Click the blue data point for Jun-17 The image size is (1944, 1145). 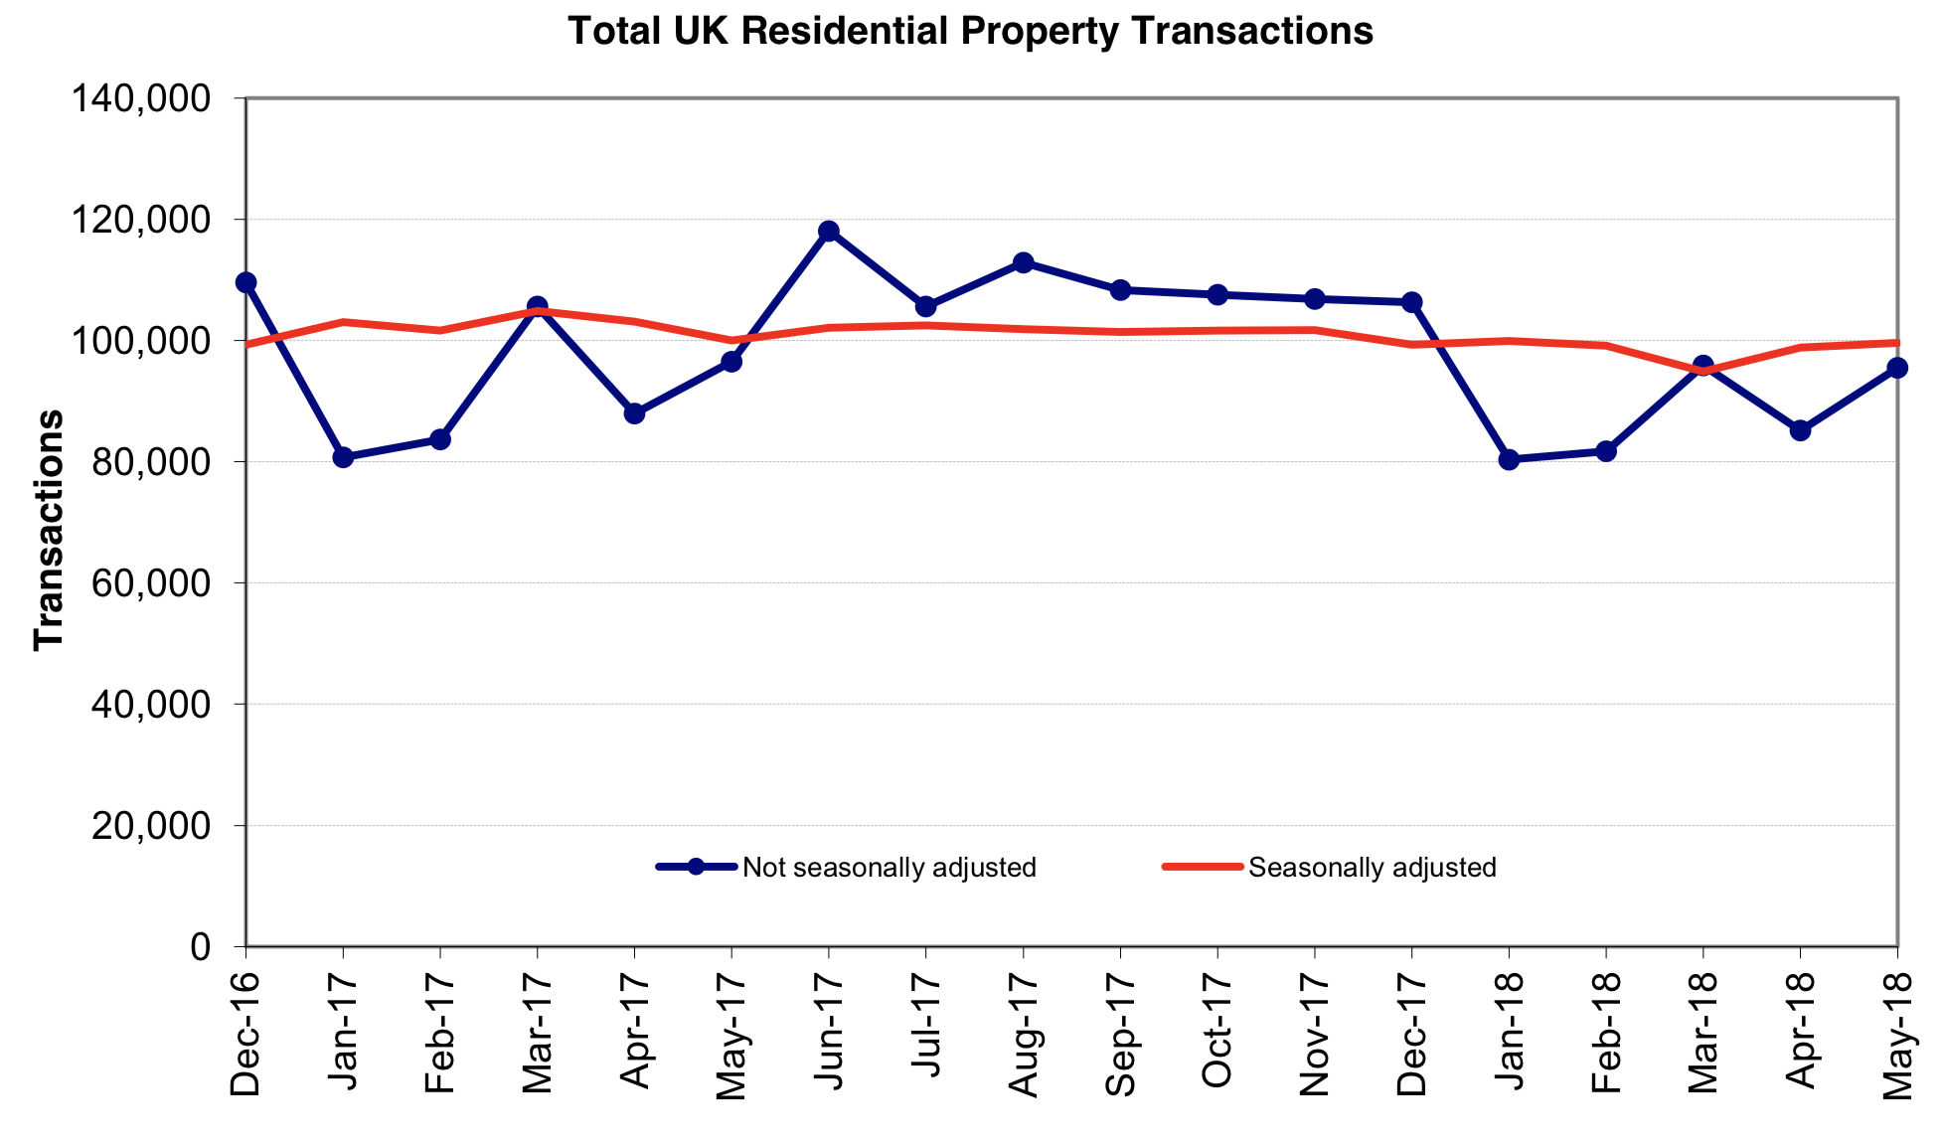point(828,232)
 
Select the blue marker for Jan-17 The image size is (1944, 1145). point(343,457)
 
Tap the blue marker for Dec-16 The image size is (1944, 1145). point(246,282)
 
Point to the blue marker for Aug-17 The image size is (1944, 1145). point(1023,262)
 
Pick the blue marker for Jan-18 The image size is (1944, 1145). point(1509,459)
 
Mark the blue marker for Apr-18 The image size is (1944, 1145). point(1800,430)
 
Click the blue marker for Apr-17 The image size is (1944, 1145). point(634,413)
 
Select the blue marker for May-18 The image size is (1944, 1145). point(1896,368)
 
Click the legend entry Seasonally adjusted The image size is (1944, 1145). point(1372,868)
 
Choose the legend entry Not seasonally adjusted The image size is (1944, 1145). point(889,868)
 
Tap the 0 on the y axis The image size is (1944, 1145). point(200,946)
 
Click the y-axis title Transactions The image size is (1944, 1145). point(49,530)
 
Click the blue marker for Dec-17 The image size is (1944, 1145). point(1411,302)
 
